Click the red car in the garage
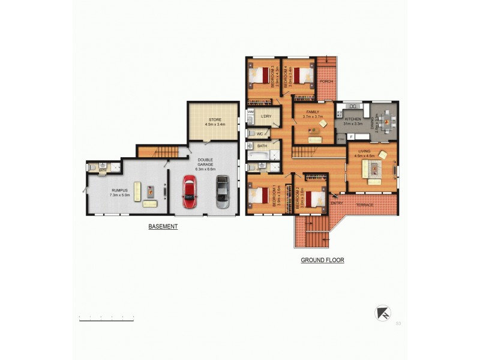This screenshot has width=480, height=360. (190, 191)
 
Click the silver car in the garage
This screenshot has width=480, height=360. (222, 191)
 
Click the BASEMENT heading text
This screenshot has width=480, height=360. (163, 227)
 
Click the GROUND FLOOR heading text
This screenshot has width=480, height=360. (322, 260)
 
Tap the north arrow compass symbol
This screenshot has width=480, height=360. (382, 313)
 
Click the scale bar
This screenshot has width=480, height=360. (114, 319)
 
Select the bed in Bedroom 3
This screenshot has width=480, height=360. (260, 76)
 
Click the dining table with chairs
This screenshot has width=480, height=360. (387, 123)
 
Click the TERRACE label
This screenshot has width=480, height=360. (364, 205)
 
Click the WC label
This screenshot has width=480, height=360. (260, 134)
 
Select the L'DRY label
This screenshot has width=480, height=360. (266, 116)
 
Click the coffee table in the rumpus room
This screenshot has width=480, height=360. (150, 191)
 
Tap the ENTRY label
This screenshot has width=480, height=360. (337, 203)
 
